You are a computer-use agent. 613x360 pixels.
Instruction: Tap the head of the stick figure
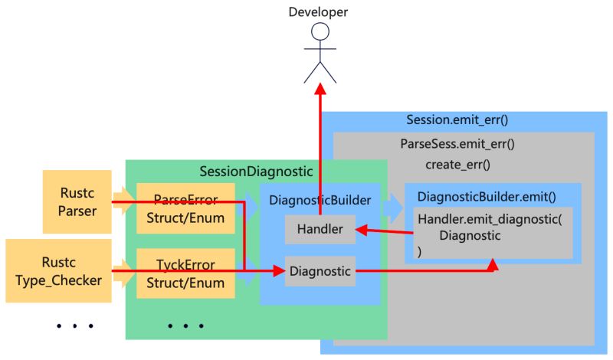pos(320,32)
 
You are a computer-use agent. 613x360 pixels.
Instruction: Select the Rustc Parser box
pos(77,202)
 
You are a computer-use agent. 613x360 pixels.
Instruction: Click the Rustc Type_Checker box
pos(59,271)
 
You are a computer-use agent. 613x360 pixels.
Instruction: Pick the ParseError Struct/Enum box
pos(185,208)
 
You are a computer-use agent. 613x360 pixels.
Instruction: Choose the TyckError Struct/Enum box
pos(185,273)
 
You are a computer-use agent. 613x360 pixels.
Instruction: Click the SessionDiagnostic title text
pos(256,172)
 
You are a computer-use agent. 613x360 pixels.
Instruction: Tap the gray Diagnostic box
pos(320,270)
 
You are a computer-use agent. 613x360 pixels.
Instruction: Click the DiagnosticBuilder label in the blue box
pos(320,200)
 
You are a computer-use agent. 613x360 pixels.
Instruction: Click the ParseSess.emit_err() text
pos(457,143)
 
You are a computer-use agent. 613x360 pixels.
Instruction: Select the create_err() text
pos(457,164)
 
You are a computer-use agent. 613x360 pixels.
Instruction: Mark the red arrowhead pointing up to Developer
pos(321,89)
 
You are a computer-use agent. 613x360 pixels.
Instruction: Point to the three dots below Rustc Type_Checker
pos(74,326)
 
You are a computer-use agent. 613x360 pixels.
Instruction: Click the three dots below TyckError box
pos(185,326)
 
